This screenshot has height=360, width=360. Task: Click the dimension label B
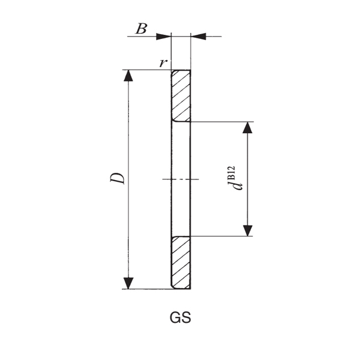pyautogui.click(x=141, y=29)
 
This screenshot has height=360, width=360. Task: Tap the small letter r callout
pyautogui.click(x=163, y=62)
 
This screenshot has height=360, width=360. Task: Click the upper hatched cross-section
pyautogui.click(x=181, y=95)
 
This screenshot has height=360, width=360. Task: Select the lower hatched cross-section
pyautogui.click(x=181, y=263)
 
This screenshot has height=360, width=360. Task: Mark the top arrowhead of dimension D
pyautogui.click(x=128, y=76)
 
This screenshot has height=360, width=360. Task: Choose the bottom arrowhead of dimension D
pyautogui.click(x=128, y=283)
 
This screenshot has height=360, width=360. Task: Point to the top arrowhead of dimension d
pyautogui.click(x=248, y=128)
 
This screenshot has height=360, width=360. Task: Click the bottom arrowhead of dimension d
pyautogui.click(x=248, y=230)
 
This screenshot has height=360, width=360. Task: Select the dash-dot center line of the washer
pyautogui.click(x=180, y=179)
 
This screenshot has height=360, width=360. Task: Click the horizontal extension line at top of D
pyautogui.click(x=147, y=70)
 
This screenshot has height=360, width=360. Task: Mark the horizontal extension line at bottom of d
pyautogui.click(x=222, y=236)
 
